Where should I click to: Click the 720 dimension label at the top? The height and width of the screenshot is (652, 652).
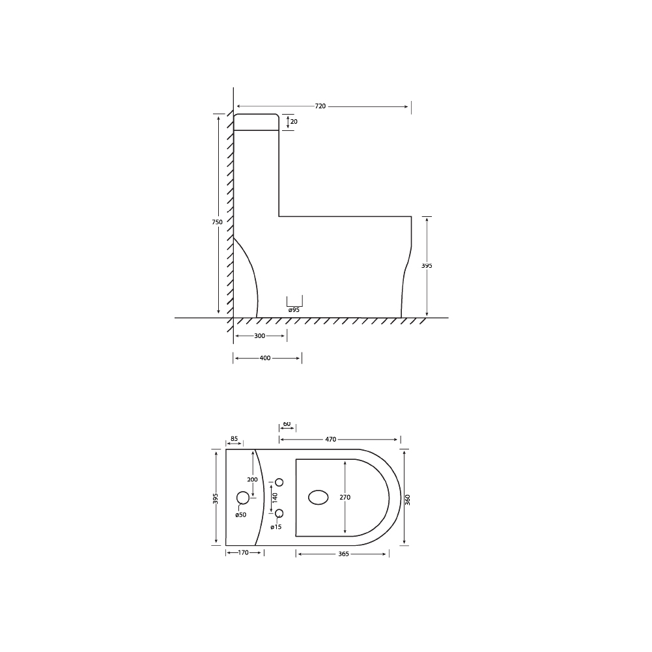(x=320, y=106)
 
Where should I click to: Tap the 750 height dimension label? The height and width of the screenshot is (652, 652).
(x=217, y=222)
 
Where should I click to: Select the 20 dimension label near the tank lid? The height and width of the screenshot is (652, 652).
(x=294, y=122)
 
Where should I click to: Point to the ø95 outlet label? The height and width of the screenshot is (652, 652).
(x=294, y=310)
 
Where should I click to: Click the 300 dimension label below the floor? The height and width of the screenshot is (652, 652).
(x=259, y=336)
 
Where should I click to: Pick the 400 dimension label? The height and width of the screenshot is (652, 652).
(x=265, y=358)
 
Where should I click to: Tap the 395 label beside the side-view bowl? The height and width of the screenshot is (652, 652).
(x=427, y=265)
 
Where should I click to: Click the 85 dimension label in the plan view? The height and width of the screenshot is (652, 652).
(x=234, y=439)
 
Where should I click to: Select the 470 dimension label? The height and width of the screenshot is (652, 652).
(x=331, y=440)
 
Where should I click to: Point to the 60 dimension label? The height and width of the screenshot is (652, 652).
(x=287, y=424)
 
